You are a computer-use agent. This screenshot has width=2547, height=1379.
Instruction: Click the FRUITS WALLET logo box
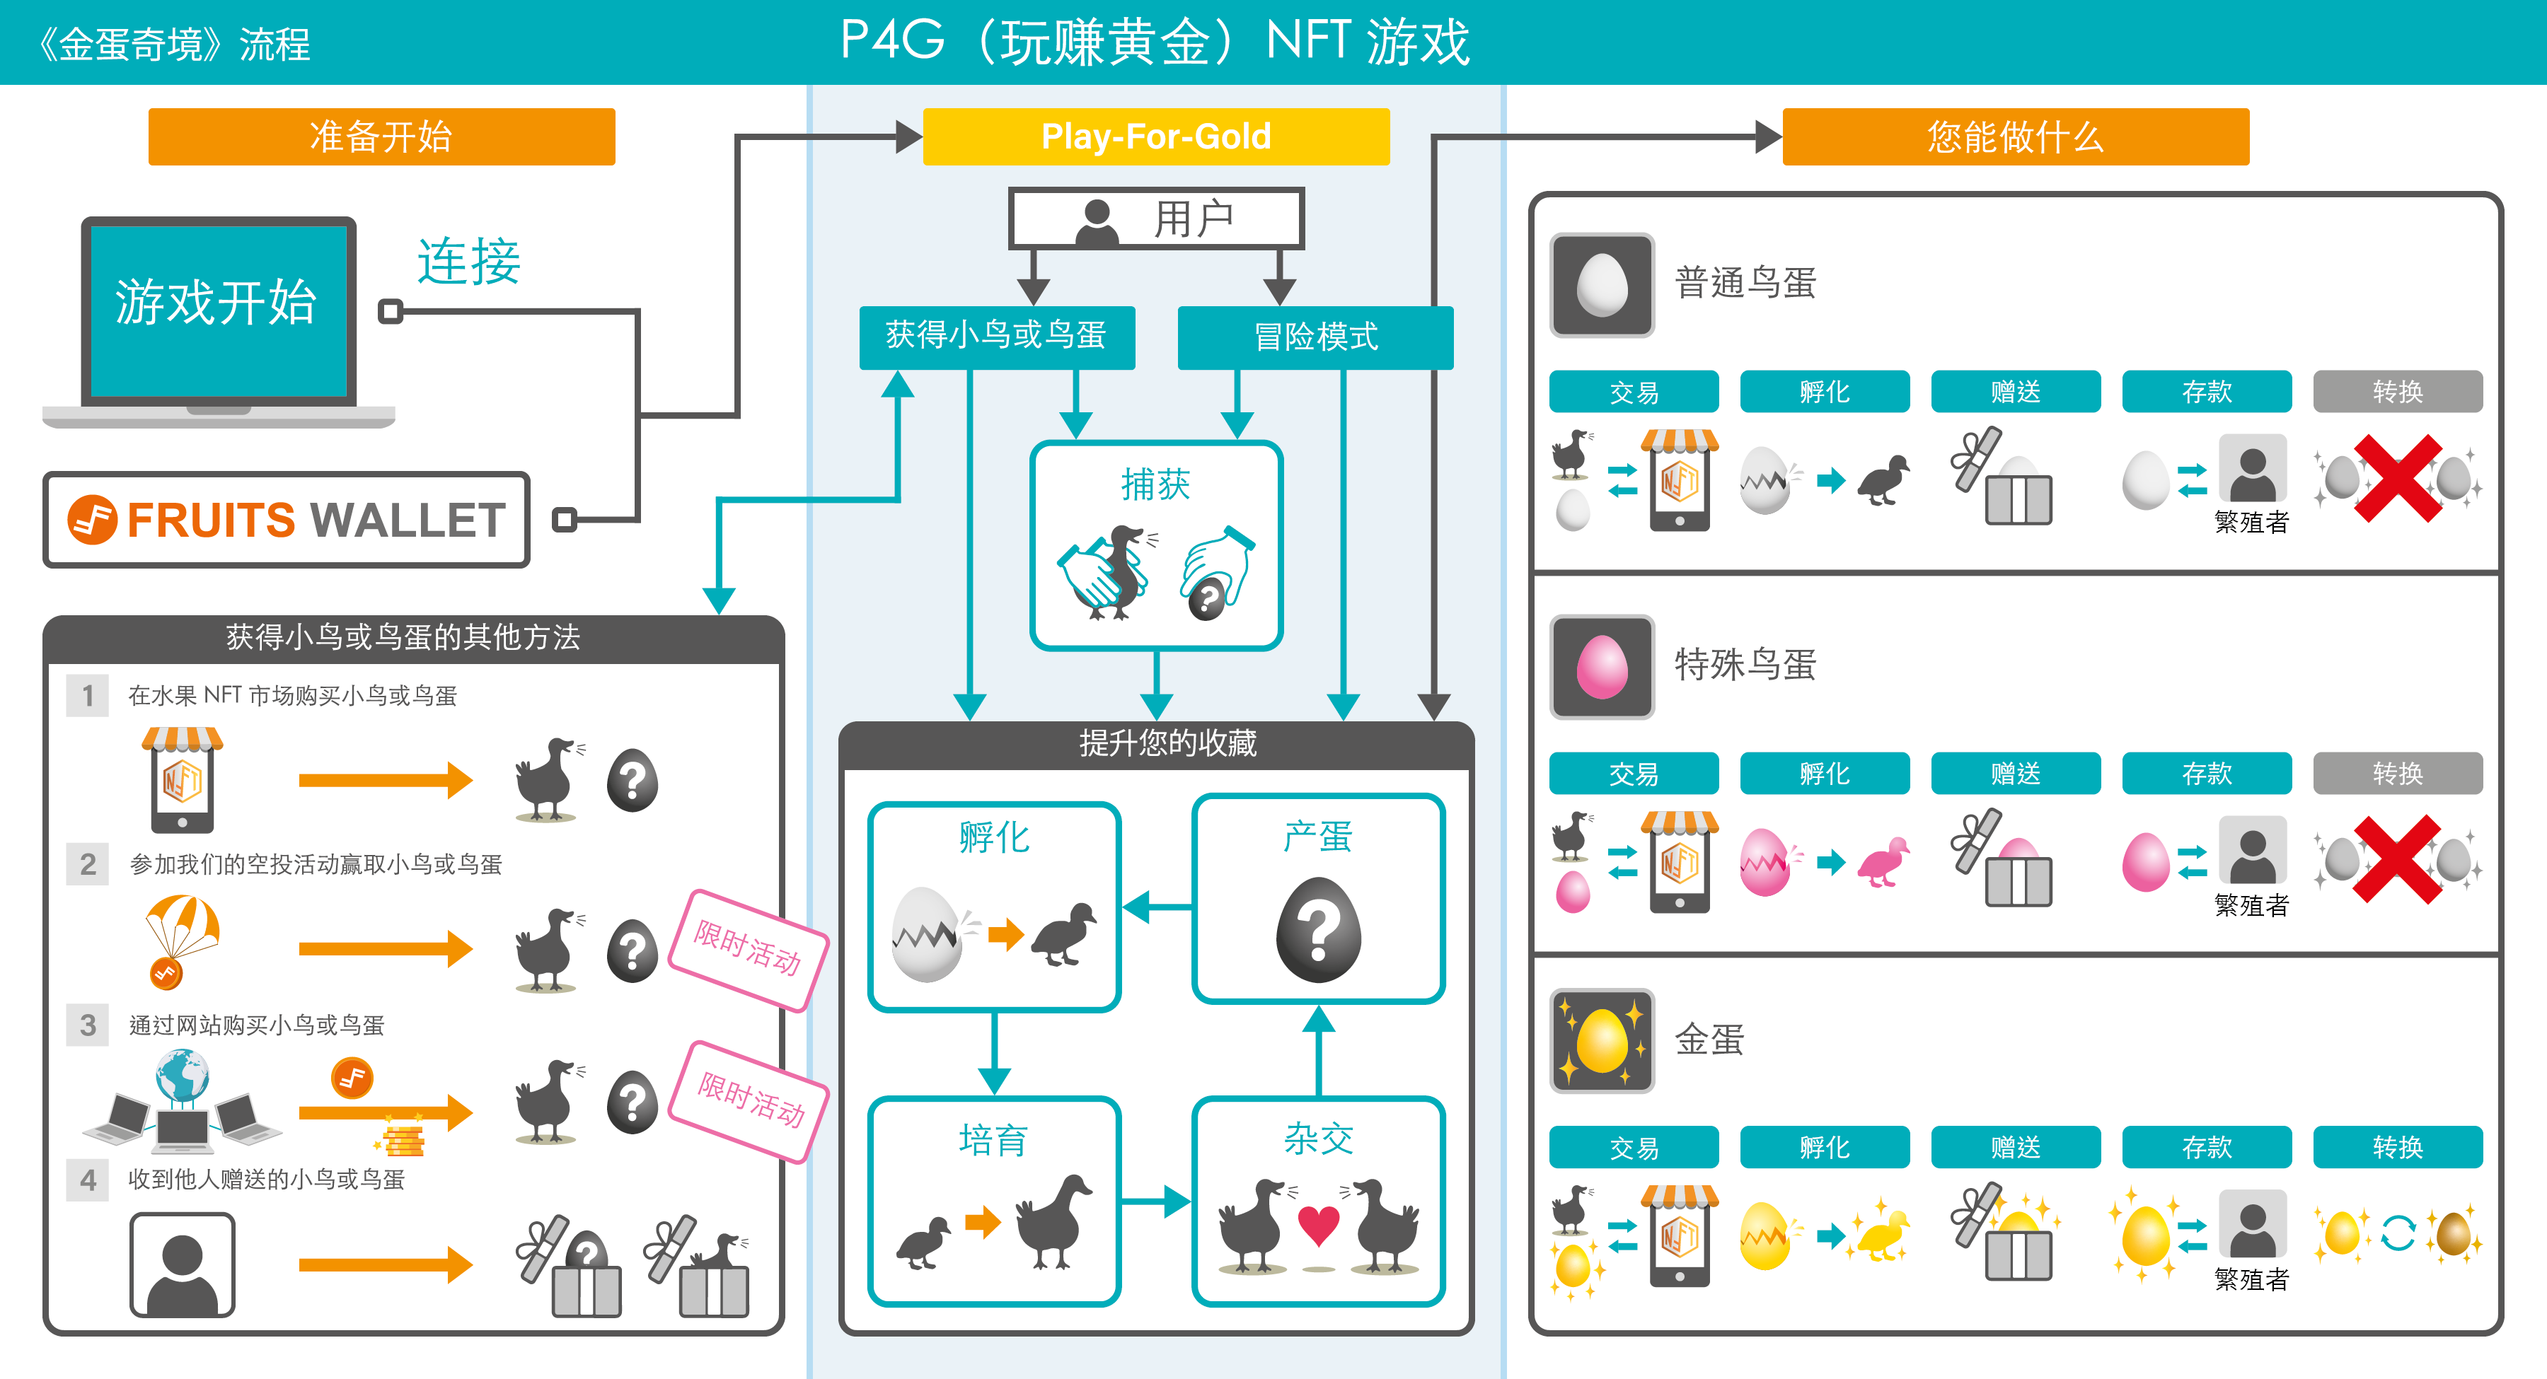coord(287,520)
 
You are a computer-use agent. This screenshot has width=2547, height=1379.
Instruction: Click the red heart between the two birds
coord(1318,1226)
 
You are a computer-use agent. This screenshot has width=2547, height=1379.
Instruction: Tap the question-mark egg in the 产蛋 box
coord(1318,930)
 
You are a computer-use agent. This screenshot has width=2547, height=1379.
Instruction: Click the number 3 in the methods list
coord(88,1025)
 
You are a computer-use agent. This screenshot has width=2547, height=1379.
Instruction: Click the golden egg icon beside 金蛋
coord(1601,1041)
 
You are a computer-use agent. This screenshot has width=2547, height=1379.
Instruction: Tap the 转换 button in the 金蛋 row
coord(2397,1147)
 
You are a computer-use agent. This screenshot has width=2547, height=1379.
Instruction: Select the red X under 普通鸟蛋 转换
coord(2397,479)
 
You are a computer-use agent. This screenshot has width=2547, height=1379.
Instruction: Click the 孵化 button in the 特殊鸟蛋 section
coord(1824,773)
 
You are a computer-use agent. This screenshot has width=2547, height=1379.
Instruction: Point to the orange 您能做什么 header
coord(2014,136)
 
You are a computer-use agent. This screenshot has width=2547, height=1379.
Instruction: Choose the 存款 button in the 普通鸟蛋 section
coord(2206,392)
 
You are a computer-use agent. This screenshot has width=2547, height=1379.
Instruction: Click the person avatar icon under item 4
coord(182,1264)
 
